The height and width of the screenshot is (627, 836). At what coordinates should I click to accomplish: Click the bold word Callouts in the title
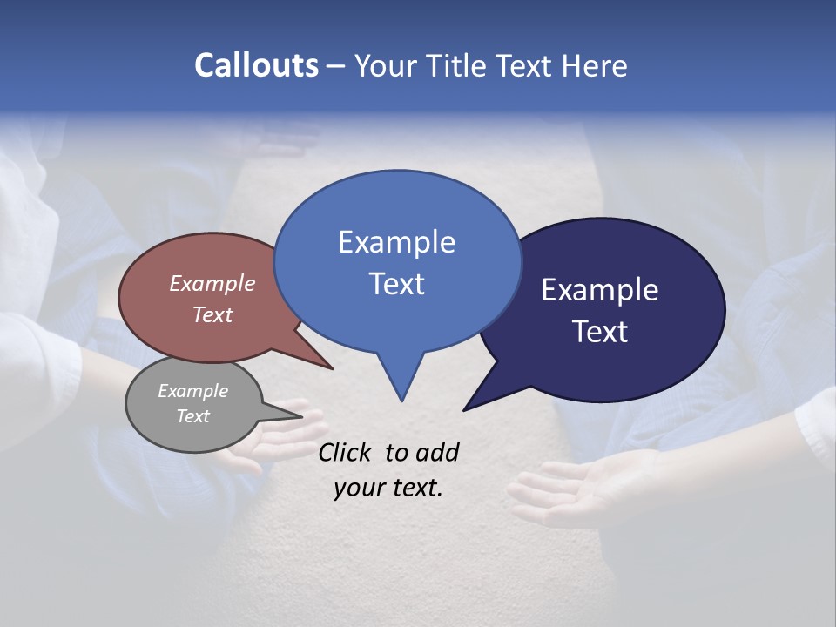point(256,65)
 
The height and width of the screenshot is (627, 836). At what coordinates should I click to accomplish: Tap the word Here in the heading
point(594,65)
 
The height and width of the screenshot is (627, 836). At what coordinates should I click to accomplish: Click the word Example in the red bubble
point(212,283)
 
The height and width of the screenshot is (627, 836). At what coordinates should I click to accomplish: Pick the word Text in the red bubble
point(212,314)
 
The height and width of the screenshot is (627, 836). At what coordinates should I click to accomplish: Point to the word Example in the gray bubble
point(193,391)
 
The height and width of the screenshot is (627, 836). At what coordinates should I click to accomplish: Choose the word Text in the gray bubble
point(193,416)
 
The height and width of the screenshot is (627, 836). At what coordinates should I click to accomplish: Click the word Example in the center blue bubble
point(396,242)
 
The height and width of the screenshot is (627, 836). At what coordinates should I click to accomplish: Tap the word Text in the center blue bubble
point(396,284)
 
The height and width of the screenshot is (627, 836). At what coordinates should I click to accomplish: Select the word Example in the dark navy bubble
point(600,290)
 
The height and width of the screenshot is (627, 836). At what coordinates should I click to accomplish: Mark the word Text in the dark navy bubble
point(601,332)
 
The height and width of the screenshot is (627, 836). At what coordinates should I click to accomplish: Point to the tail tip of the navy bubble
point(465,409)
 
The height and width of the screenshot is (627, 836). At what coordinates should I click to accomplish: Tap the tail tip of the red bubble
point(333,368)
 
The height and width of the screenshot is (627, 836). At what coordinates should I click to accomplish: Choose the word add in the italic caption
point(437,452)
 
